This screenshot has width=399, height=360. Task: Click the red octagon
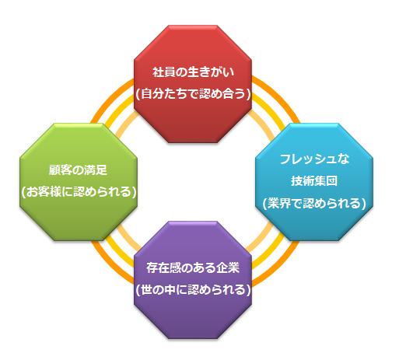coord(193,84)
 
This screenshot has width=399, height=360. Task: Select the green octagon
coord(79,182)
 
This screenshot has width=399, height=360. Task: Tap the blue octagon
coord(314,182)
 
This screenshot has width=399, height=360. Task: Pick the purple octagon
coord(193,280)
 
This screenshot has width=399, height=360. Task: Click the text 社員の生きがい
coord(193,72)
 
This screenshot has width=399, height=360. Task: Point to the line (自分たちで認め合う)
coord(194,94)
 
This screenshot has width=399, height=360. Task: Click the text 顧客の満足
coord(78,170)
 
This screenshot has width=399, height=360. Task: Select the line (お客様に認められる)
coord(79,192)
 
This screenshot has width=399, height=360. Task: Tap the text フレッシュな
coord(315,159)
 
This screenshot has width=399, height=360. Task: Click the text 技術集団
coord(314,180)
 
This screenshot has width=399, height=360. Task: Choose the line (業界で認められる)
coord(314,203)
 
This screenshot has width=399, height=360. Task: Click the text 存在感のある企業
coord(193,267)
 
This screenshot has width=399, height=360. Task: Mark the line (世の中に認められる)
coord(194,290)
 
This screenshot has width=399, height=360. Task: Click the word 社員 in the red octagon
coord(164,72)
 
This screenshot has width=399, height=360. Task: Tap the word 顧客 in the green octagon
coord(60,170)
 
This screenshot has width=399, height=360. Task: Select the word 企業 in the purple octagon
coord(228,267)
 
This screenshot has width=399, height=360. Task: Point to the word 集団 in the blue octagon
coord(326,180)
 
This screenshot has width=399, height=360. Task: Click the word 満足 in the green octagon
coord(96,170)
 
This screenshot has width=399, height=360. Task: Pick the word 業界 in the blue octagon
coord(279,203)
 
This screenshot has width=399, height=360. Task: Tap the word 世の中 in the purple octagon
coord(158,290)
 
